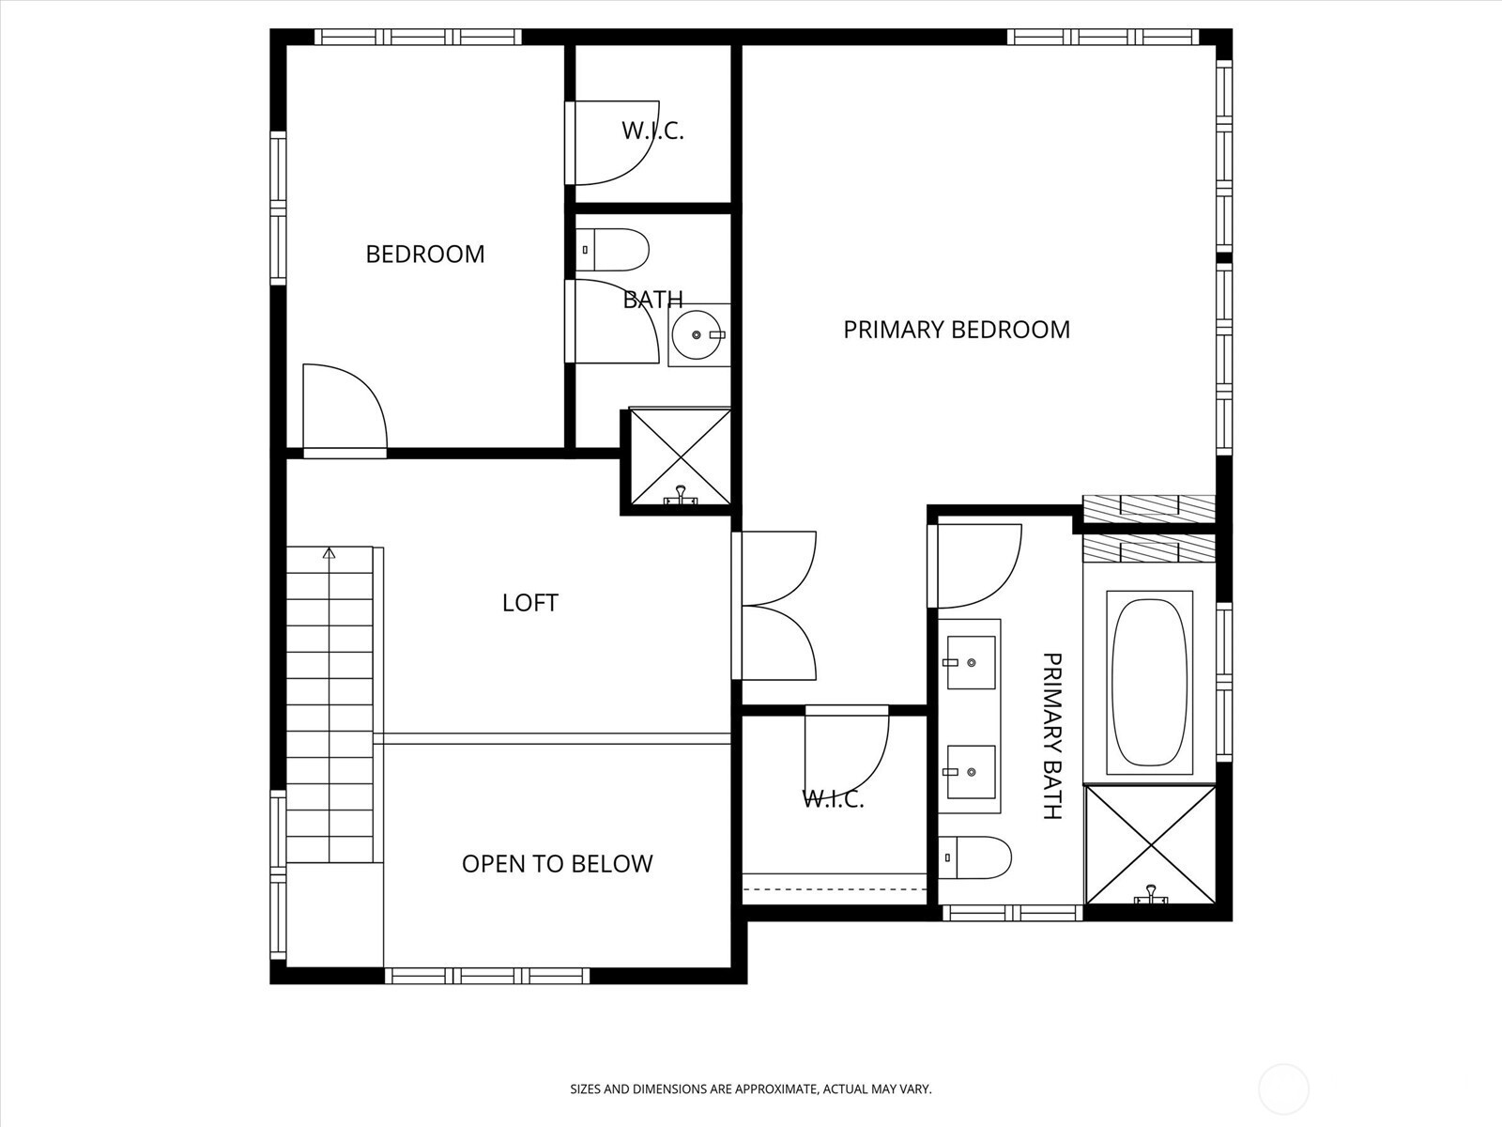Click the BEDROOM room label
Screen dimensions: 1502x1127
(x=425, y=255)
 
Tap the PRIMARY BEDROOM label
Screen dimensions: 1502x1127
(x=956, y=330)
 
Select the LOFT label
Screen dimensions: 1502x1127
(x=530, y=603)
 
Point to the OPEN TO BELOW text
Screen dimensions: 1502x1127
(x=557, y=864)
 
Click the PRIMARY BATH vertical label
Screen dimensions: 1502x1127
(x=1051, y=735)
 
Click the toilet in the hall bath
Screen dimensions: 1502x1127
(x=612, y=250)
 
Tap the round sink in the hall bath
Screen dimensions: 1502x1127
(x=698, y=334)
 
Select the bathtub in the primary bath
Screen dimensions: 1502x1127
(x=1149, y=683)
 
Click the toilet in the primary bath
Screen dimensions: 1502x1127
(x=974, y=857)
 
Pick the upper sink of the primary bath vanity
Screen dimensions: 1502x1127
(x=971, y=662)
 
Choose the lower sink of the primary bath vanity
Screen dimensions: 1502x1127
(x=971, y=772)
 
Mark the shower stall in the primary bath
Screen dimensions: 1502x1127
(x=1151, y=844)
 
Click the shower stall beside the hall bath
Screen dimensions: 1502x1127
(x=681, y=457)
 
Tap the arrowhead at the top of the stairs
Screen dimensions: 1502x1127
(x=330, y=553)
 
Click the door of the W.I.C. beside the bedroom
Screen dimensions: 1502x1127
(x=611, y=143)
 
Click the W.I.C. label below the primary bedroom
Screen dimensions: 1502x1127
(x=833, y=799)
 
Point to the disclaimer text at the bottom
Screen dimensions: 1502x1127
(x=751, y=1089)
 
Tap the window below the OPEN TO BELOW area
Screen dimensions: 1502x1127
(x=486, y=976)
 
